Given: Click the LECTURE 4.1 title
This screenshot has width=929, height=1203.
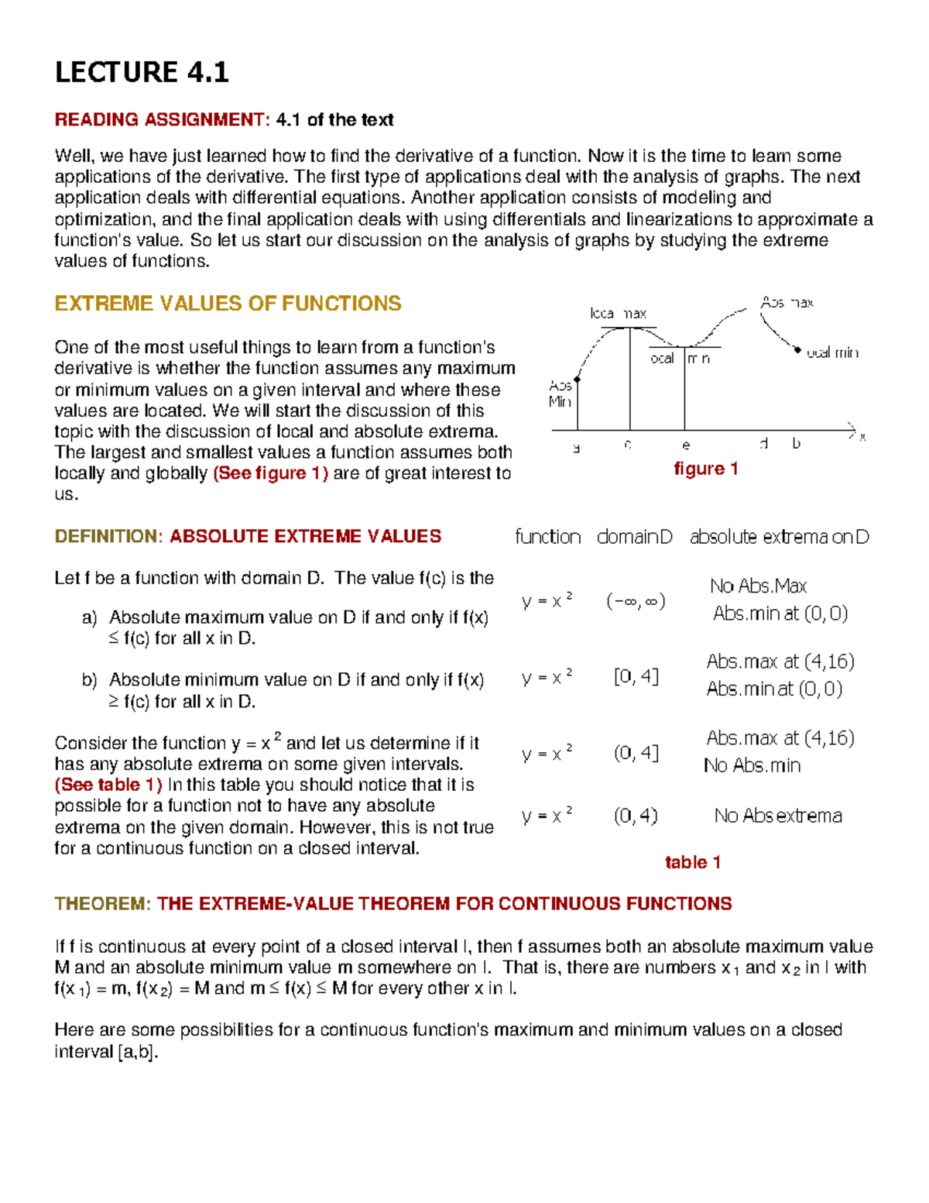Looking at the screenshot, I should [x=142, y=72].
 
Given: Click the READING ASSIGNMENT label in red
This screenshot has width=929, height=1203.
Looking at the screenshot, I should [x=161, y=119].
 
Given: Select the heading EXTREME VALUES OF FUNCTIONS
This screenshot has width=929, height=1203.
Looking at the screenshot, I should [x=228, y=303].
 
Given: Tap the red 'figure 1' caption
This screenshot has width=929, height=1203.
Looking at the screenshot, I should [x=705, y=469].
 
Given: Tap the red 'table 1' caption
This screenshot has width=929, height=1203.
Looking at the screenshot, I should [x=693, y=862].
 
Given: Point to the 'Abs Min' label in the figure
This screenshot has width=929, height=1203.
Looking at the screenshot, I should [x=560, y=394].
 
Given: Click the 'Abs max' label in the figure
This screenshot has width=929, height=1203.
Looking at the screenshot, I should [x=787, y=302].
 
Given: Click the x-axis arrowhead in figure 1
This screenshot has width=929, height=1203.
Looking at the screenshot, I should [x=852, y=430].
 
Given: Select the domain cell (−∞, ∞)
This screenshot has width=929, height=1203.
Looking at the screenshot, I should [x=636, y=601].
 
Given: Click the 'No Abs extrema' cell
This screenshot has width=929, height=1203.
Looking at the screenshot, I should [x=778, y=816].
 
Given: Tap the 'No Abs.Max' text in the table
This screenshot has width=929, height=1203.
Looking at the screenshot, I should [x=758, y=586].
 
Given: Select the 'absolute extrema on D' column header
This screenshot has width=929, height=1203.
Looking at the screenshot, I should [x=779, y=537].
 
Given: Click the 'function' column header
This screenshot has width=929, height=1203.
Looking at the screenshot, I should [x=547, y=537].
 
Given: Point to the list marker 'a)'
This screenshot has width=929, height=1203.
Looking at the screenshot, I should [x=89, y=617].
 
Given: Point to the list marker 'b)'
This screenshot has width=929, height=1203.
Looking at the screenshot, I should [x=89, y=680].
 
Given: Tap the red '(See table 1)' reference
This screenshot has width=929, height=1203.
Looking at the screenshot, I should [x=108, y=785].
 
